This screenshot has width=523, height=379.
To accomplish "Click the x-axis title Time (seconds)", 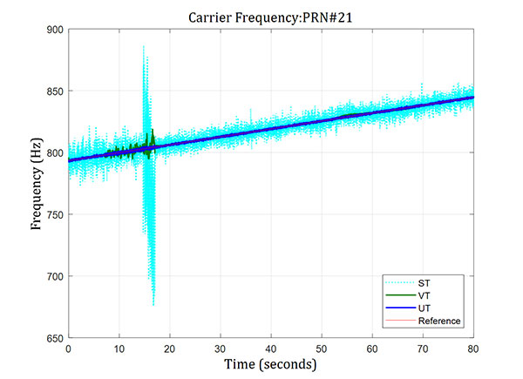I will pyautogui.click(x=271, y=363).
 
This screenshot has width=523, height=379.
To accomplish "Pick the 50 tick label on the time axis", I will pyautogui.click(x=323, y=348).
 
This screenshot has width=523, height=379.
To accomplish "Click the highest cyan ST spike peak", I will pyautogui.click(x=143, y=47).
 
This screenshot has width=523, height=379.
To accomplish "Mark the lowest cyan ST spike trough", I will pyautogui.click(x=153, y=305).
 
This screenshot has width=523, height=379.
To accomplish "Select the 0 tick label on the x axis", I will pyautogui.click(x=68, y=348).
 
